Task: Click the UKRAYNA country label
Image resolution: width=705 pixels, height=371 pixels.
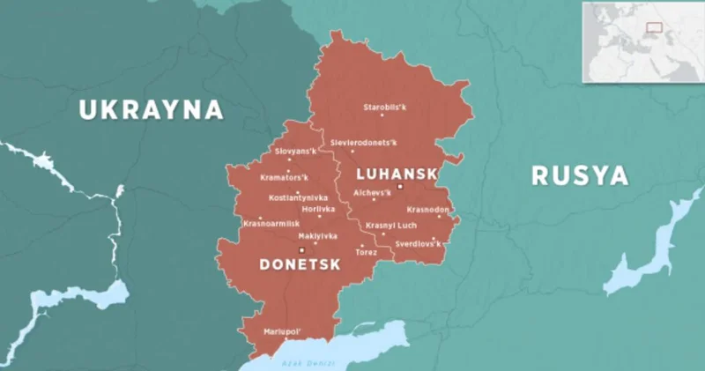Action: pyautogui.click(x=151, y=110)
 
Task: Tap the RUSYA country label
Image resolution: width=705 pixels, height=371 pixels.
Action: pyautogui.click(x=580, y=175)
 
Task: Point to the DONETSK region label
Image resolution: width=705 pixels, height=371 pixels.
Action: pyautogui.click(x=299, y=263)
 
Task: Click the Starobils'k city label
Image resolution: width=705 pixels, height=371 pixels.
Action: pyautogui.click(x=385, y=108)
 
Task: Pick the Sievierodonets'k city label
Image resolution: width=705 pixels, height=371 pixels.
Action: pyautogui.click(x=364, y=142)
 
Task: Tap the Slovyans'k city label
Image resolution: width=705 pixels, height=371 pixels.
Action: pyautogui.click(x=295, y=152)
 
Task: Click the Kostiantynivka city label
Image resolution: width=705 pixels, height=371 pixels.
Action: pyautogui.click(x=298, y=197)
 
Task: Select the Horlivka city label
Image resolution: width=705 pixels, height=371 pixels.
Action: pyautogui.click(x=318, y=209)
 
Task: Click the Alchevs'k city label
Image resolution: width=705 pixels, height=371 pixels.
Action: pyautogui.click(x=372, y=191)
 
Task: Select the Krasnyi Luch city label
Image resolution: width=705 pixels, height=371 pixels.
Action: pyautogui.click(x=390, y=225)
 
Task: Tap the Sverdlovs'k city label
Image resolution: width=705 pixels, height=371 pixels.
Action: pyautogui.click(x=418, y=242)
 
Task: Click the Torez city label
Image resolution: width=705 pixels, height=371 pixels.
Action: pyautogui.click(x=366, y=252)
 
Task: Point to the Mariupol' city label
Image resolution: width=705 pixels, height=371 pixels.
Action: pyautogui.click(x=283, y=331)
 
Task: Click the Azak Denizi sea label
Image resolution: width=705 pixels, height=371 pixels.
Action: pyautogui.click(x=301, y=362)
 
